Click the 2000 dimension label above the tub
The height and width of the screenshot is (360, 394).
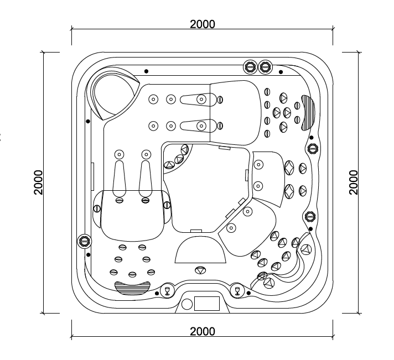pos(202,24)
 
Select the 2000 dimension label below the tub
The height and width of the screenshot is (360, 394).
pos(202,331)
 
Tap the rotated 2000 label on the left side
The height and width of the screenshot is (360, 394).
pos(38,182)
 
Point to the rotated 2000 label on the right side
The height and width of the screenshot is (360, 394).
pos(354,182)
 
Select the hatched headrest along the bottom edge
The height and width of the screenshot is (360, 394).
pos(132,286)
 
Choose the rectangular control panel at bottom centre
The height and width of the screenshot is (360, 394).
pos(206,303)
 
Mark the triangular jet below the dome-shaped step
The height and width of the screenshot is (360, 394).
pos(200,270)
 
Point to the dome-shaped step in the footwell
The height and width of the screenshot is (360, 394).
pos(200,250)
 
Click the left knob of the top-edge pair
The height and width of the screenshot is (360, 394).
pos(251,67)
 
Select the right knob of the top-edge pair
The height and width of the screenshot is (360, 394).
pos(266,67)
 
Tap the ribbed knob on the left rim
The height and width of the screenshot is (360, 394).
pos(85,241)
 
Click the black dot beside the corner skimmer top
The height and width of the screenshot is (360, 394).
pos(146,71)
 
